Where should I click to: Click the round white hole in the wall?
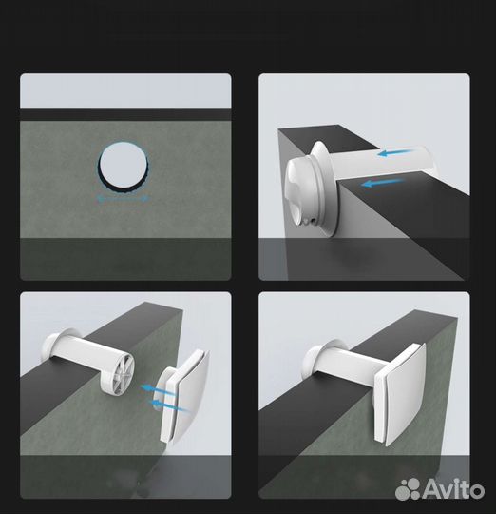pyautogui.click(x=123, y=166)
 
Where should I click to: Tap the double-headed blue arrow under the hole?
pyautogui.click(x=124, y=198)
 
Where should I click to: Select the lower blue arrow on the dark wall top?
pyautogui.click(x=383, y=183)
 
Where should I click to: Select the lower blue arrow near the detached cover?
pyautogui.click(x=169, y=405)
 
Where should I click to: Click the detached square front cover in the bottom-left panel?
pyautogui.click(x=184, y=397)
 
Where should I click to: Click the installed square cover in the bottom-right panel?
pyautogui.click(x=400, y=394)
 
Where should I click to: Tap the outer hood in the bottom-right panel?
pyautogui.click(x=319, y=360)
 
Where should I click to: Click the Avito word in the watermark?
pyautogui.click(x=453, y=490)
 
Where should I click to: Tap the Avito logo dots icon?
pyautogui.click(x=408, y=490)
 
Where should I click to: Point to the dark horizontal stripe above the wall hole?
pyautogui.click(x=125, y=114)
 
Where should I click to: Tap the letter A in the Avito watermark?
pyautogui.click(x=432, y=490)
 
